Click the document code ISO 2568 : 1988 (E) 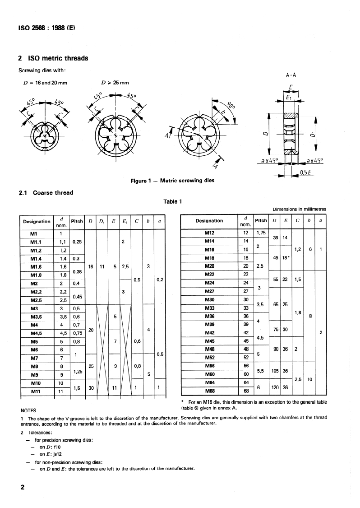[46, 27]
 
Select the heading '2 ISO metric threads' [53, 58]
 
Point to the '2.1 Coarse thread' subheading [46, 193]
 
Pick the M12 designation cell [209, 233]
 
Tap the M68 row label [209, 391]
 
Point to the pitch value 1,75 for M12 [261, 233]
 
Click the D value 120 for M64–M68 [274, 387]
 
